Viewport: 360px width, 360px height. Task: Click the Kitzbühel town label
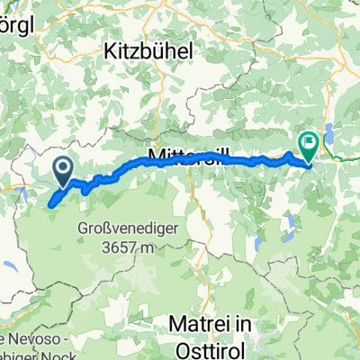[150, 49]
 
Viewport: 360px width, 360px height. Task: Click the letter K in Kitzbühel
[112, 49]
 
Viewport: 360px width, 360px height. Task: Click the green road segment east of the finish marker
[337, 163]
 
